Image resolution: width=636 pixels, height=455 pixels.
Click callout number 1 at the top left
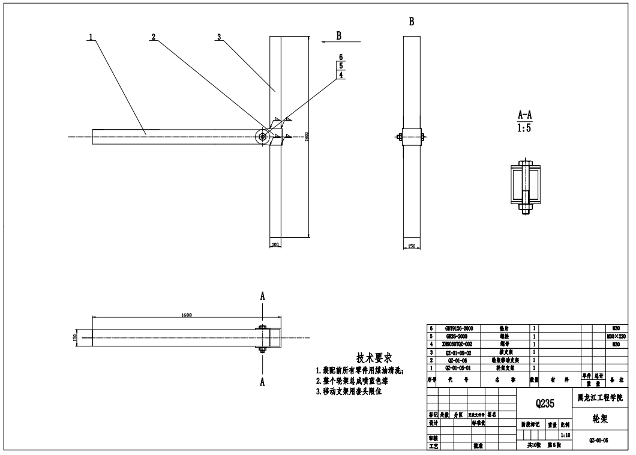click(91, 37)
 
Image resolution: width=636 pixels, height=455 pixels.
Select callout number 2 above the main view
click(154, 37)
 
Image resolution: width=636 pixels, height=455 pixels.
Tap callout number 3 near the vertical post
click(220, 37)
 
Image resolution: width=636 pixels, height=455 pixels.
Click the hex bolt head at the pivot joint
click(263, 137)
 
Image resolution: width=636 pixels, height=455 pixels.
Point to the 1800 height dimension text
click(306, 137)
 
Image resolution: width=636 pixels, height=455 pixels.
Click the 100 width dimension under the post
click(275, 245)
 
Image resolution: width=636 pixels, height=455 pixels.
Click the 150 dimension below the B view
click(412, 246)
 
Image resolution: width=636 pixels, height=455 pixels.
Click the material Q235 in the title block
click(545, 403)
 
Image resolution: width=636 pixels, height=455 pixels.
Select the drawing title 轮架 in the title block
click(601, 417)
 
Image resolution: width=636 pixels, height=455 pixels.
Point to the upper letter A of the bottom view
click(262, 296)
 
